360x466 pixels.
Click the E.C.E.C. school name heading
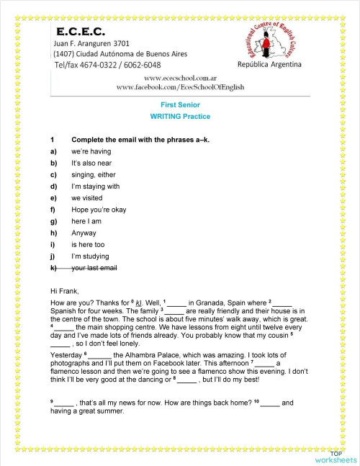[x=80, y=32]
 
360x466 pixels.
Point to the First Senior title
[x=180, y=104]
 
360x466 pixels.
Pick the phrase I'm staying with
[x=96, y=187]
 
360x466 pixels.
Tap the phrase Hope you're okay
[x=99, y=210]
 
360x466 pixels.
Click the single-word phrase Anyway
[x=84, y=233]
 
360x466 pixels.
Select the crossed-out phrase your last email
[x=95, y=268]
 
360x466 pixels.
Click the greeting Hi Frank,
[x=65, y=292]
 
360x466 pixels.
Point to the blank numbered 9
[x=64, y=401]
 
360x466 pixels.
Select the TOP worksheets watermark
[x=335, y=456]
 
